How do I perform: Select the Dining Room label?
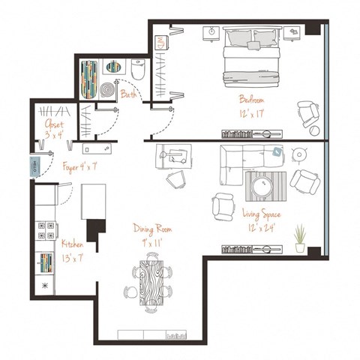152,233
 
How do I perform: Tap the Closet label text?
54,124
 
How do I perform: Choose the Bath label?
128,95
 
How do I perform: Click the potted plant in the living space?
300,238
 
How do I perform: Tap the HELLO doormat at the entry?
34,166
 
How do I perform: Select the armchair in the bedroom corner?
307,114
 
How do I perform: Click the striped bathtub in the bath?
90,79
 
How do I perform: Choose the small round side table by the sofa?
300,154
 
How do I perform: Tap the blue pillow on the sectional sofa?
277,153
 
